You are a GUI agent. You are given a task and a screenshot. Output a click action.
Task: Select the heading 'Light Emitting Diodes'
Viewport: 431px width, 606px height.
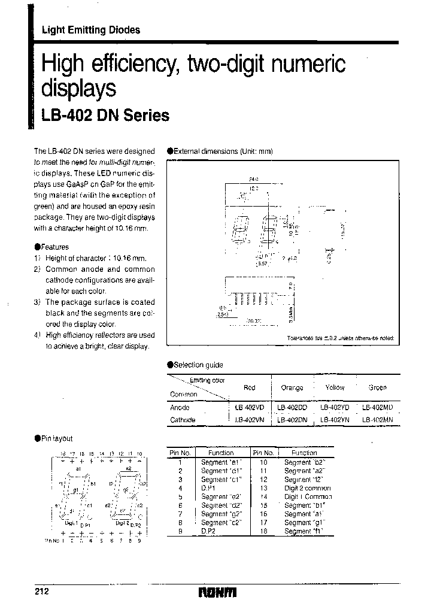click(90, 30)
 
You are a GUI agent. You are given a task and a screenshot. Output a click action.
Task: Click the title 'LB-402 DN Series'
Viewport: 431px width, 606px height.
click(105, 116)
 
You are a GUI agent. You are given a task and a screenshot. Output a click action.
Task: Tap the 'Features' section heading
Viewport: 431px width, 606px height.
click(54, 247)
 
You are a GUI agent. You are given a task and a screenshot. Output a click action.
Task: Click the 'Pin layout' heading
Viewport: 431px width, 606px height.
click(57, 438)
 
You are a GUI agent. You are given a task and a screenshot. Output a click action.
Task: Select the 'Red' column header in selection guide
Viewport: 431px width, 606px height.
click(249, 387)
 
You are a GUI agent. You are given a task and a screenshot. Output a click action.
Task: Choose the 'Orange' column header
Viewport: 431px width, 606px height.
click(292, 388)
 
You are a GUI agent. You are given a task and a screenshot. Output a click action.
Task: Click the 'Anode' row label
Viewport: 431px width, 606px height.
click(180, 407)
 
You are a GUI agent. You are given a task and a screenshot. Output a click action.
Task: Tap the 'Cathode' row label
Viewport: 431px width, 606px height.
click(183, 420)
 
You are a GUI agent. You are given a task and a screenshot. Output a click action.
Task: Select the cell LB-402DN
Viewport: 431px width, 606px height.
click(292, 420)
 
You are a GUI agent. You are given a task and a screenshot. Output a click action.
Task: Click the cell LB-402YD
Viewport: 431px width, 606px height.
click(335, 407)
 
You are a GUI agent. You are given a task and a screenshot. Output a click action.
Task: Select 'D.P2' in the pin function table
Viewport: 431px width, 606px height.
click(210, 531)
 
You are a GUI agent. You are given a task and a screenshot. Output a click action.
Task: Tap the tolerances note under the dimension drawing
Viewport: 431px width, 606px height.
click(341, 338)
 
